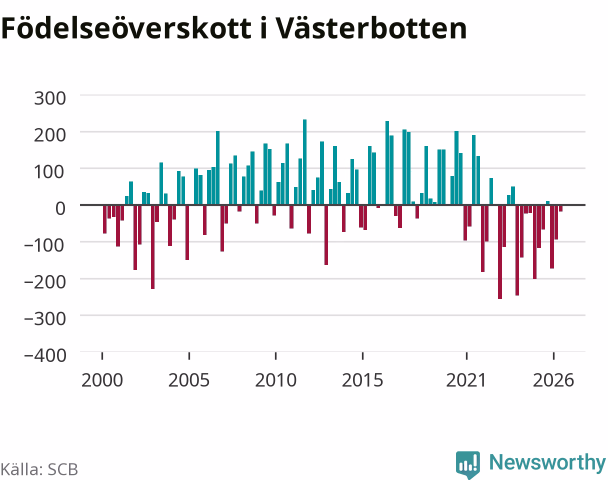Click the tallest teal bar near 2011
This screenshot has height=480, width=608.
[304, 162]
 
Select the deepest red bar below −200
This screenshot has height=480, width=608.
[500, 252]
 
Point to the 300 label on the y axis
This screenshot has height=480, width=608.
[50, 98]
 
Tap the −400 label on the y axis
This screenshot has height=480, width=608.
[45, 355]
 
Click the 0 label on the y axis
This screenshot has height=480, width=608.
[60, 208]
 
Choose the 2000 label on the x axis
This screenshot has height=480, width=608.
[102, 380]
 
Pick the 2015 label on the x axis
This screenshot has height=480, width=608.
[362, 380]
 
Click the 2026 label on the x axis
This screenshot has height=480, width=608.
[553, 380]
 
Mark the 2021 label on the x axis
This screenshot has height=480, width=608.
[466, 380]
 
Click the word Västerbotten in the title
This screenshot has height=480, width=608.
[371, 28]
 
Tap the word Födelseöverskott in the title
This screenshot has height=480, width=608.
[126, 28]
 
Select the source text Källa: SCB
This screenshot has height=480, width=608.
[39, 469]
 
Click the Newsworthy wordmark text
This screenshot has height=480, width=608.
[547, 462]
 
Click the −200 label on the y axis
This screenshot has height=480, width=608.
[45, 282]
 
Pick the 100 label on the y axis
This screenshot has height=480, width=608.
[49, 172]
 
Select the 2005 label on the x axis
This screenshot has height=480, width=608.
[189, 380]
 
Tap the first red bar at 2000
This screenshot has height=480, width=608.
[105, 219]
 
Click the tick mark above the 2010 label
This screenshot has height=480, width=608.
[275, 355]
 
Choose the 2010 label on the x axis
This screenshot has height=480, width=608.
[275, 380]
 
